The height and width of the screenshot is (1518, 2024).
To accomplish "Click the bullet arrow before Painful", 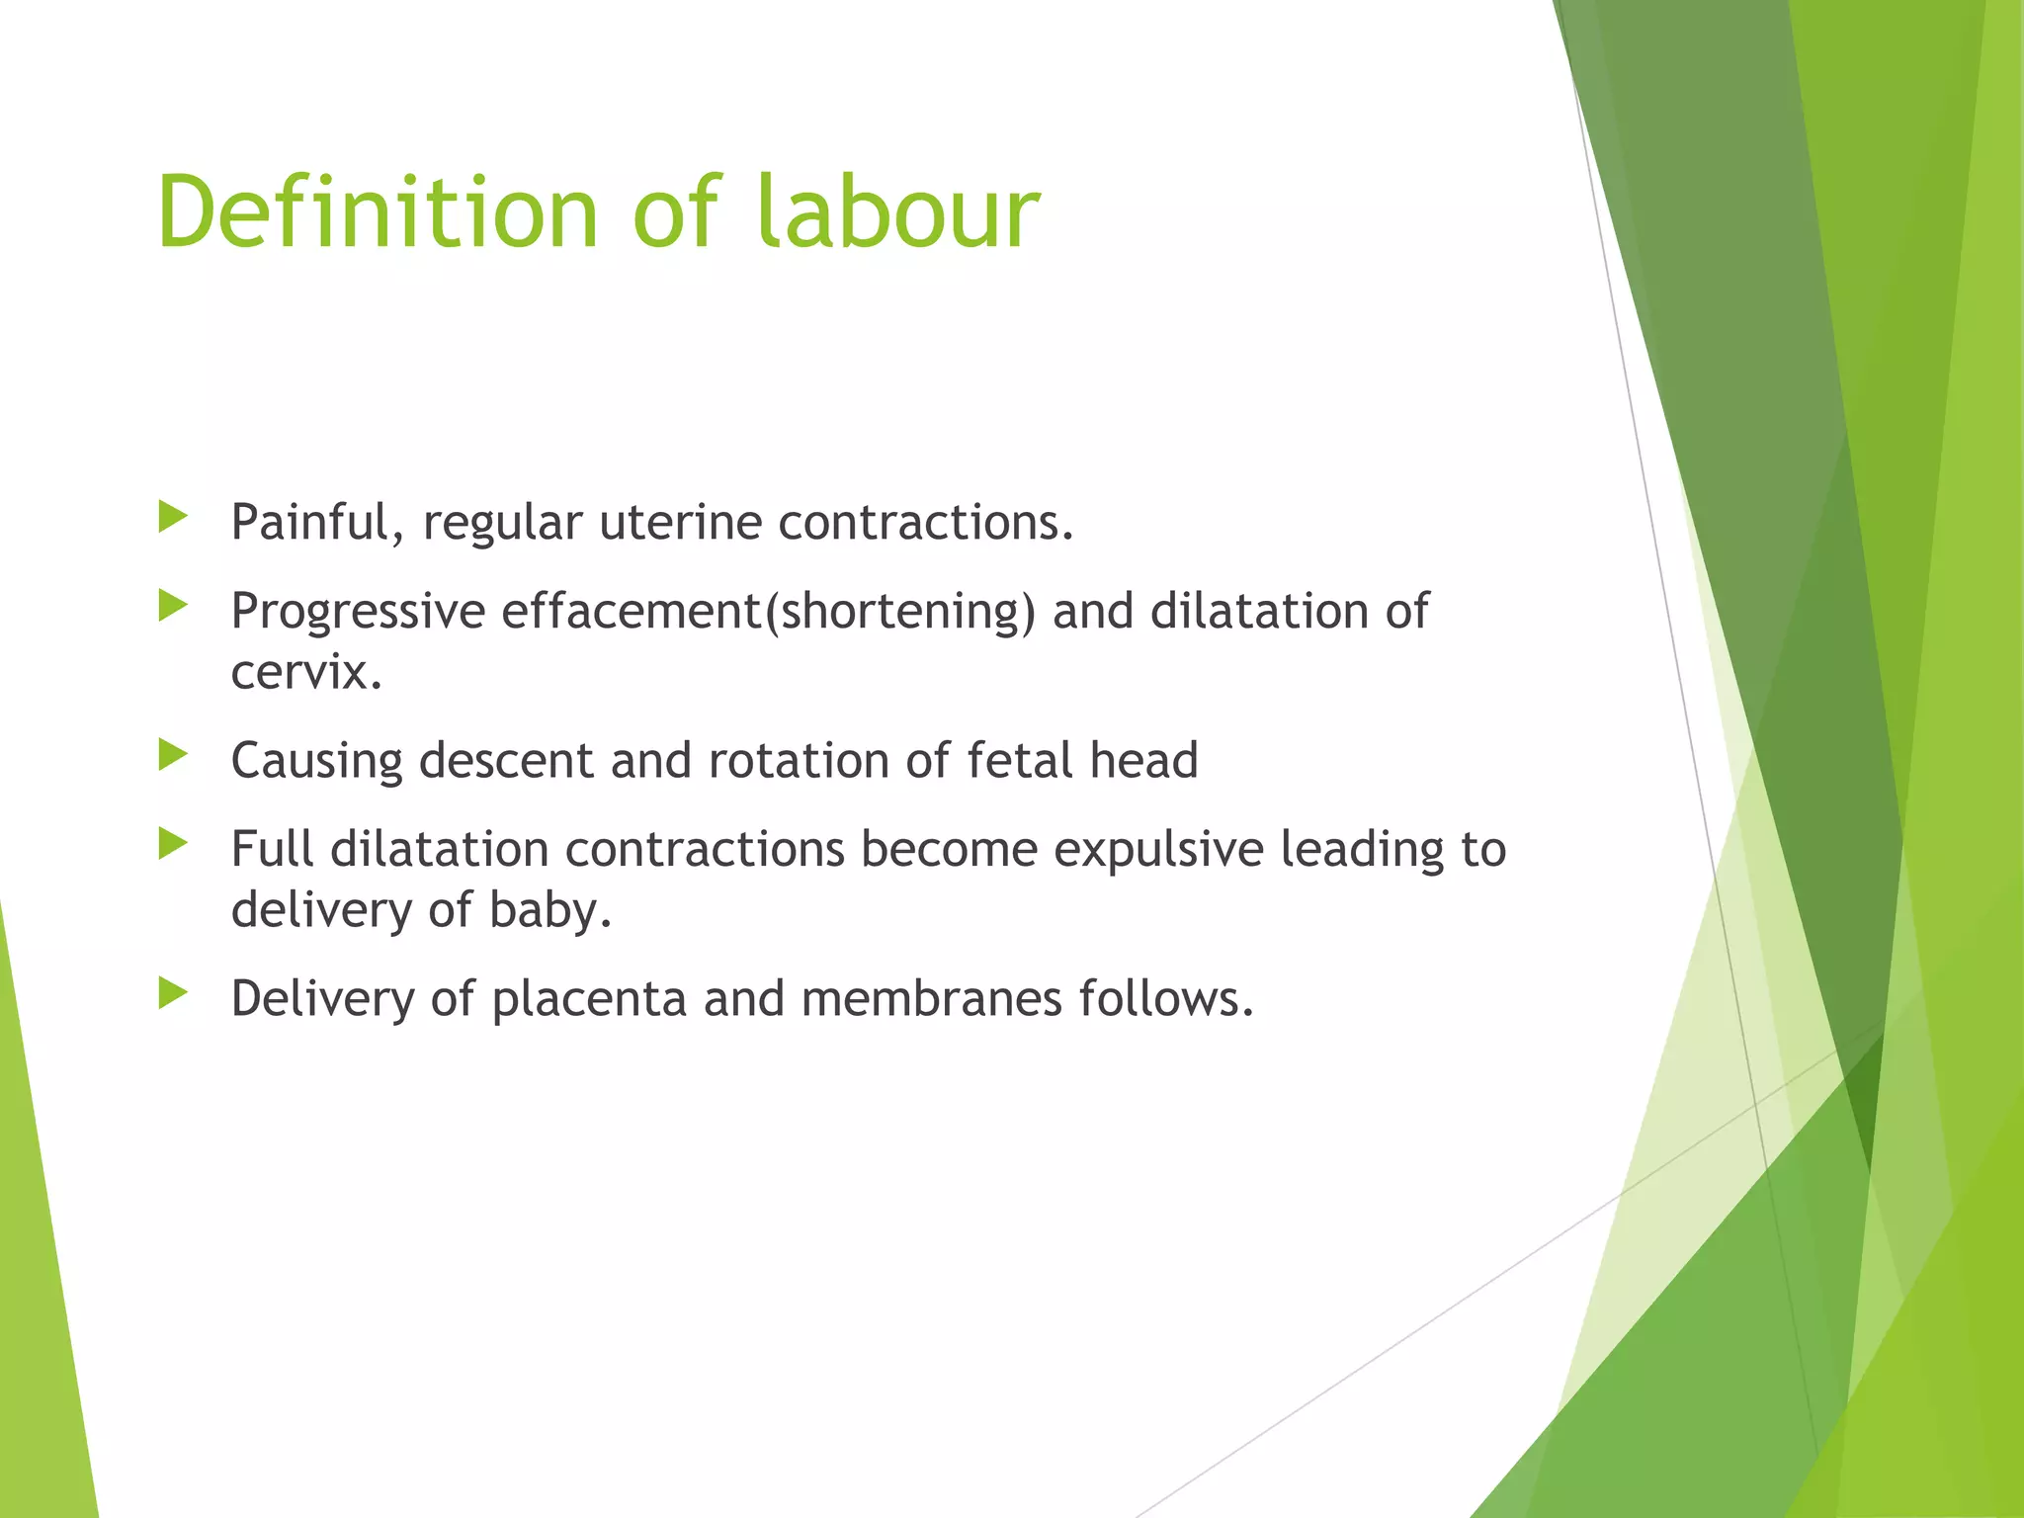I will coord(173,516).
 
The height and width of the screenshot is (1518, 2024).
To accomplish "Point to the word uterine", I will coord(680,523).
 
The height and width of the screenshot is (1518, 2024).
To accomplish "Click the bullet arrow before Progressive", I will coord(173,605).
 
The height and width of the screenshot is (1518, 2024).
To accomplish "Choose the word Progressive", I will coord(358,612).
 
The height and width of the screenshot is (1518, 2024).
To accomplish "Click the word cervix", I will coord(305,673).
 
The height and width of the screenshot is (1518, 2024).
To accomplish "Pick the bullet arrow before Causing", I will coord(173,754).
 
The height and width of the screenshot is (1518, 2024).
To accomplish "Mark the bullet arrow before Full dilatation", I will coord(173,843).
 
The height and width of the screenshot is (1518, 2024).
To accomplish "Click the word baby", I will coord(550,910).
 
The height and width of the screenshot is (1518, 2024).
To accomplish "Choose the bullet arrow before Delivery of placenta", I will coord(173,992).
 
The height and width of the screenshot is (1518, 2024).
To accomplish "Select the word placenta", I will coord(589,1000).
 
